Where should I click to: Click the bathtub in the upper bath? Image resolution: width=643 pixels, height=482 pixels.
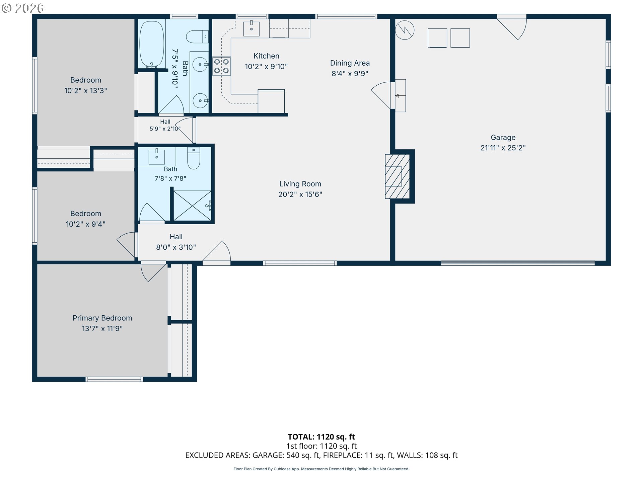tap(152, 44)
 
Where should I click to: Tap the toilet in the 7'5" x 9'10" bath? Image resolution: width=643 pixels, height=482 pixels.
tap(197, 36)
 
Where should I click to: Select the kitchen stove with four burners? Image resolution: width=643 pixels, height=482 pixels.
tap(222, 66)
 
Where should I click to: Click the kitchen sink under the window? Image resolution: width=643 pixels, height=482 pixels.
tap(251, 28)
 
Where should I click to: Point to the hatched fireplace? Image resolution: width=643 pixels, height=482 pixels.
tap(398, 176)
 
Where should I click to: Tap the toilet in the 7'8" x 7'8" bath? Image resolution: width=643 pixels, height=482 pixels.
tap(194, 158)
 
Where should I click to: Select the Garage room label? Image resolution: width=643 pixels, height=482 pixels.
tap(503, 137)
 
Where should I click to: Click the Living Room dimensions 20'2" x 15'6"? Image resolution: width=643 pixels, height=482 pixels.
tap(300, 194)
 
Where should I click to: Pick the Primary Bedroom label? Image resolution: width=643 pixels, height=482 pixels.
tap(102, 318)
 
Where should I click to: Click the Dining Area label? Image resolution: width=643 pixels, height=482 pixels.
tap(350, 63)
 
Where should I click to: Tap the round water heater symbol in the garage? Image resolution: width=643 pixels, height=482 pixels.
tap(405, 30)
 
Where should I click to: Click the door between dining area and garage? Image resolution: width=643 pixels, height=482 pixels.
tap(382, 95)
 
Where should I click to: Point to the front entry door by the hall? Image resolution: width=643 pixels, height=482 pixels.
tap(217, 252)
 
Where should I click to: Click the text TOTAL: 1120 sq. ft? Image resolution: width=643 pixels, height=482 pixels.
tap(321, 437)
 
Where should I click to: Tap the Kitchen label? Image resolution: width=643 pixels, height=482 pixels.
tap(266, 56)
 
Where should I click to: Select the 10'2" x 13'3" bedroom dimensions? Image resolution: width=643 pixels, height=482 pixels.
tap(86, 90)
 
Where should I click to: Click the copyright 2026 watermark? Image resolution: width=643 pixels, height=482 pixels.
tap(23, 8)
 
